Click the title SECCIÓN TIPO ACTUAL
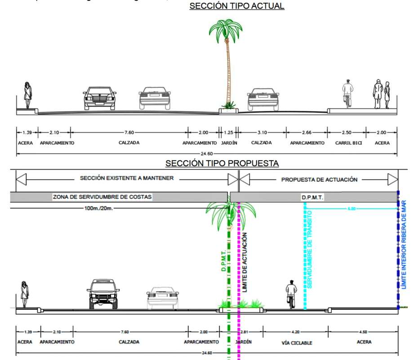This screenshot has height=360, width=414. (x=237, y=6)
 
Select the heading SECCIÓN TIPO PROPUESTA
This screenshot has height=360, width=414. (x=222, y=163)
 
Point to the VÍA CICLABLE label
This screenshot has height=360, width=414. (x=297, y=343)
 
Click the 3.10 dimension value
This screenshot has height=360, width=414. (x=262, y=132)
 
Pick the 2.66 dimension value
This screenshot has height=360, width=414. (x=307, y=132)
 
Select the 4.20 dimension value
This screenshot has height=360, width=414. (x=295, y=332)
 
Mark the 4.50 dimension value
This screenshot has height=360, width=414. (x=364, y=332)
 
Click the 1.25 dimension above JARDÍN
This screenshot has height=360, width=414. (x=228, y=132)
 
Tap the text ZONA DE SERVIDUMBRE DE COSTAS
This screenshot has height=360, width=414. (x=102, y=197)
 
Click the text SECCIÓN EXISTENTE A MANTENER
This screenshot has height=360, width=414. (x=127, y=179)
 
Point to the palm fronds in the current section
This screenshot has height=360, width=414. (x=226, y=31)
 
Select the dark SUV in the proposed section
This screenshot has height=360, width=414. (x=103, y=294)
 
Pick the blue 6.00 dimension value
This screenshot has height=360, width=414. (x=352, y=209)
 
